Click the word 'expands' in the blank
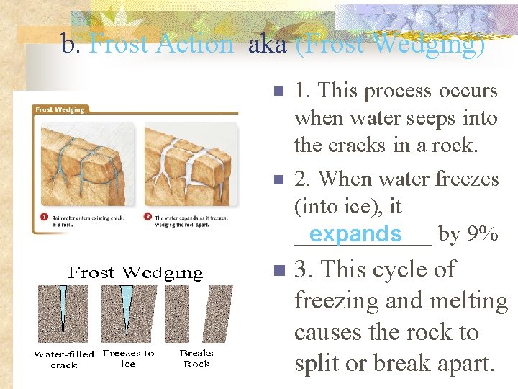tap(355, 234)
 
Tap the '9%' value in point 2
tap(482, 234)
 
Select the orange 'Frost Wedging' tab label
tap(60, 109)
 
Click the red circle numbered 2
tap(147, 218)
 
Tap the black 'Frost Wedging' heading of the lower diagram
tap(135, 273)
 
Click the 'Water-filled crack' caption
tap(63, 359)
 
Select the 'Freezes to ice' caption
tap(128, 358)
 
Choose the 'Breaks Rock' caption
tap(196, 358)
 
